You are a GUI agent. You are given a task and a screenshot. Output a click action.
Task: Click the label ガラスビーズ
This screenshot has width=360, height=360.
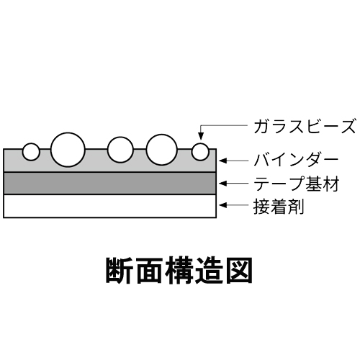(304, 127)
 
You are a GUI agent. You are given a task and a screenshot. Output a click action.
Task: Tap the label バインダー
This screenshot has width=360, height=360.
(296, 160)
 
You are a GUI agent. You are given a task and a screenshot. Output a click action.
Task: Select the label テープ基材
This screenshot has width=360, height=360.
(297, 184)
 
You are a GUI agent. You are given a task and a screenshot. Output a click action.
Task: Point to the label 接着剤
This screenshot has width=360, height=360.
(279, 206)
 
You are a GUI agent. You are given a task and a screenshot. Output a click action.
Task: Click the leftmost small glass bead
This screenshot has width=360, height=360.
(31, 152)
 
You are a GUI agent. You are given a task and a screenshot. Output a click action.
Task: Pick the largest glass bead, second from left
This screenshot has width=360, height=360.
(68, 150)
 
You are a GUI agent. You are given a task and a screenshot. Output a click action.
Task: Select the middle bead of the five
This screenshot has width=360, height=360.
(120, 150)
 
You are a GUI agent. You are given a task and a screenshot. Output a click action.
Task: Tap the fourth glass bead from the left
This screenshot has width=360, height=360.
(162, 150)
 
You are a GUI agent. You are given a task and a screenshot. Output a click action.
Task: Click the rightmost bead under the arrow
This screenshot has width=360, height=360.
(200, 152)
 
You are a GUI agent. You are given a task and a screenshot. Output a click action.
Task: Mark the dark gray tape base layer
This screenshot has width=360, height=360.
(110, 184)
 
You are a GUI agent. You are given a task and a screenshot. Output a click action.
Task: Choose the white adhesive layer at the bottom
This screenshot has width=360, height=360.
(110, 206)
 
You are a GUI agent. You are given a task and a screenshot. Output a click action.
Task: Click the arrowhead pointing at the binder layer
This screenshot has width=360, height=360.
(223, 161)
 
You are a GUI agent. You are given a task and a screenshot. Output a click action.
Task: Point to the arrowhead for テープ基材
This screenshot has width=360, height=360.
(223, 184)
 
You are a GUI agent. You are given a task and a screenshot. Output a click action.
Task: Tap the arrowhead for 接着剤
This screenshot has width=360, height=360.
(223, 205)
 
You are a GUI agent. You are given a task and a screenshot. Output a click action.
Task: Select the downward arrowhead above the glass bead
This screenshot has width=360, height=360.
(201, 136)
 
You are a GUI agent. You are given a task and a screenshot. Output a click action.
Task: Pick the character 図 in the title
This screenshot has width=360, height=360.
(238, 271)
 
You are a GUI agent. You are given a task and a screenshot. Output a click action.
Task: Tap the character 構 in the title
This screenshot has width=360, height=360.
(179, 271)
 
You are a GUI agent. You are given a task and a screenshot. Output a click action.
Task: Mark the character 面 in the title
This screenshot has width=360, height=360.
(149, 271)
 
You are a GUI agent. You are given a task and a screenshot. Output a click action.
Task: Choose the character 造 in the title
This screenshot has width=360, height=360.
(209, 271)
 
